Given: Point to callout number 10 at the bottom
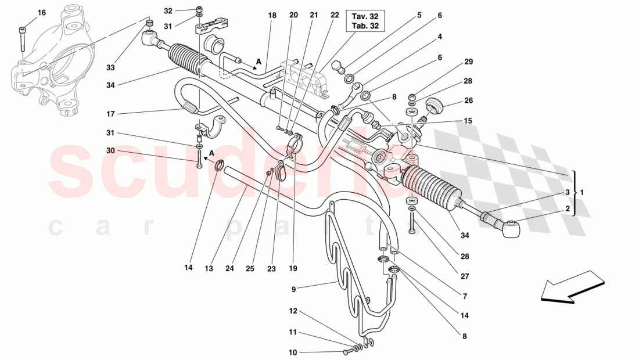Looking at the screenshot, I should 292,352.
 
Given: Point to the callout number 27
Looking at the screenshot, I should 465,277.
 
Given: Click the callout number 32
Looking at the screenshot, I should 168,11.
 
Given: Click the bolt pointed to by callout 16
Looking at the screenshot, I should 23,40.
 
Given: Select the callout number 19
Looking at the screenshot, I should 292,268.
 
